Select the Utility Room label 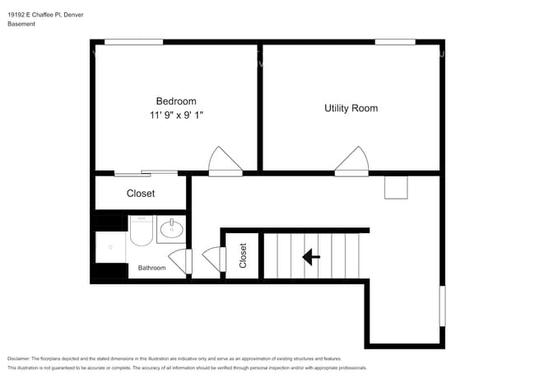(x=351, y=108)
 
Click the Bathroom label (x=151, y=268)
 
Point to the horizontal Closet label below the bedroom (x=141, y=194)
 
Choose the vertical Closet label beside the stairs (x=243, y=255)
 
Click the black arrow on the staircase (x=311, y=257)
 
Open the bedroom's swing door (x=225, y=162)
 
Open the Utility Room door (x=351, y=162)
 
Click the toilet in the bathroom (x=141, y=230)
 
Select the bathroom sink (x=171, y=228)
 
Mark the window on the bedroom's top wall (x=133, y=41)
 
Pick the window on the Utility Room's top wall (x=394, y=41)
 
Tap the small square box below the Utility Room (x=396, y=187)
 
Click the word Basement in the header (x=21, y=24)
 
